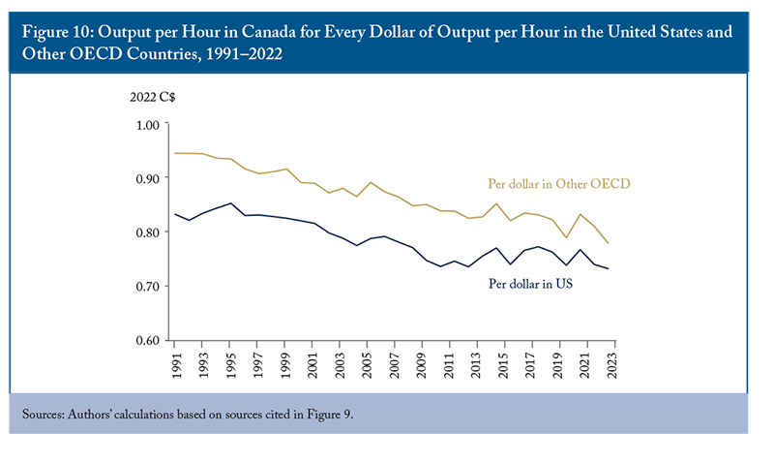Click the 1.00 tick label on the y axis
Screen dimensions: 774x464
pos(148,125)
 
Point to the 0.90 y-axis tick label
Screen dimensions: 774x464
pos(148,178)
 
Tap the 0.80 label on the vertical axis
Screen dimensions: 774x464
pos(148,232)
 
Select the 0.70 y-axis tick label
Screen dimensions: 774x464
pos(148,286)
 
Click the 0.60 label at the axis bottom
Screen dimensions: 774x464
pos(148,340)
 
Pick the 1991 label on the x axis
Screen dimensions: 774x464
pos(177,365)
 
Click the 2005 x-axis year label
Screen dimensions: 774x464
pos(367,365)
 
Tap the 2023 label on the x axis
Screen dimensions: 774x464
pos(611,365)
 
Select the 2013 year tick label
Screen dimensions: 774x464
pos(476,365)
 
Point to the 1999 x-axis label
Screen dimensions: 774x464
pos(285,365)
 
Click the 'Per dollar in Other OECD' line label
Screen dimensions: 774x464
pos(559,184)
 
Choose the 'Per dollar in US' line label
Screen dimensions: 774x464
pos(530,284)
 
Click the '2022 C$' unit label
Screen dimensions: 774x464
pos(153,97)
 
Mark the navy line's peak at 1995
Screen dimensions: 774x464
pos(230,203)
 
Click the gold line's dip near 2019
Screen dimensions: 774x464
pos(566,237)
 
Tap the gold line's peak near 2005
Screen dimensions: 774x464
pos(371,182)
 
